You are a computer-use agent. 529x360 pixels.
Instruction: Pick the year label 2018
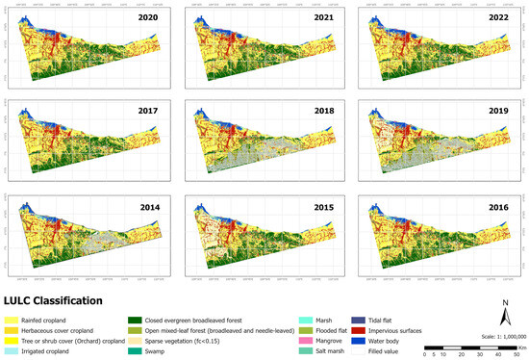(322, 111)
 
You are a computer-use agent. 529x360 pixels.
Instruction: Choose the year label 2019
(497, 111)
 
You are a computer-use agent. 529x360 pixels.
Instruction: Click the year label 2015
(322, 204)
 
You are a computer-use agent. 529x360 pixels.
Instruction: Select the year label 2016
(497, 204)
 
